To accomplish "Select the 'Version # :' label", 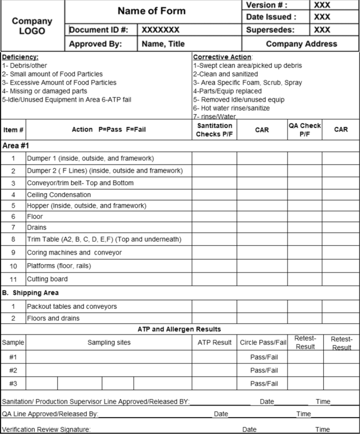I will [268, 5].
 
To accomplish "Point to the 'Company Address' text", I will [302, 44].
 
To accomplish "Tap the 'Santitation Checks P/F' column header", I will [214, 130].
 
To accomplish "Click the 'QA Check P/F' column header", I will [304, 129].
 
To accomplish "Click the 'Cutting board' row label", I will [47, 279].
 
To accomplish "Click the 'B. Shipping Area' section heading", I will [32, 292].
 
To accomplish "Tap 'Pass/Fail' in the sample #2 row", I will [264, 370].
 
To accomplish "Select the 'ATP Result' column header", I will [214, 343].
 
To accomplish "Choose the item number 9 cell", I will [13, 253].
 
